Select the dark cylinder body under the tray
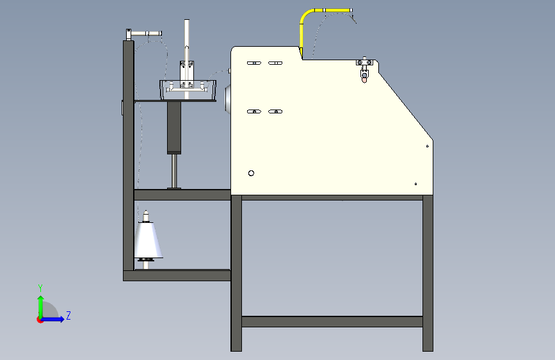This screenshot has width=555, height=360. [174, 127]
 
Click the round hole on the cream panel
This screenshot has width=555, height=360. [252, 173]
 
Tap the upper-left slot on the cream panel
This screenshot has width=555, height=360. [253, 63]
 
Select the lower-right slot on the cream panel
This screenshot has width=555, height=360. [275, 111]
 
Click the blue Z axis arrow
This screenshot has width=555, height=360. [55, 318]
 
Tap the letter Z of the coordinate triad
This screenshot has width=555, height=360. [68, 316]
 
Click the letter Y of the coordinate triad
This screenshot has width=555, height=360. [40, 288]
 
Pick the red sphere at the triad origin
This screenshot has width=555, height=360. [40, 319]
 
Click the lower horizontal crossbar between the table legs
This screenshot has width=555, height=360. [332, 321]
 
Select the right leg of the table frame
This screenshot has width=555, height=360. [428, 272]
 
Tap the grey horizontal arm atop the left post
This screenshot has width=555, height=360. [145, 33]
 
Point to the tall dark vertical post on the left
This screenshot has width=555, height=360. [128, 154]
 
